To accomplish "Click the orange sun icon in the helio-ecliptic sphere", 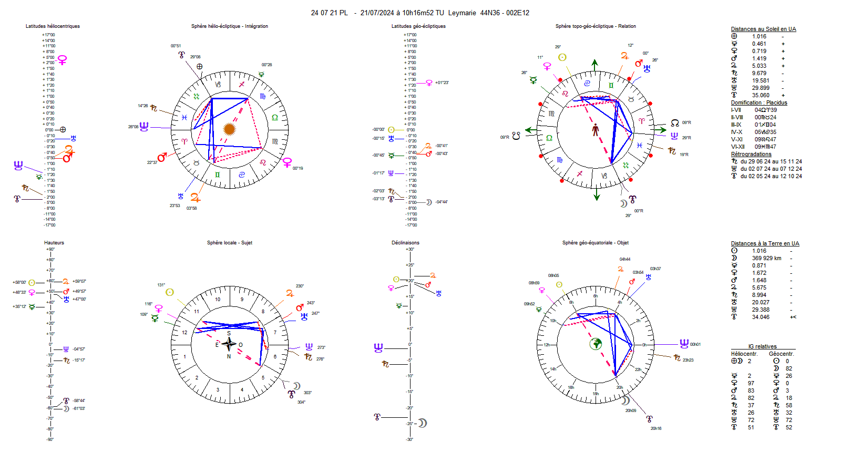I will pyautogui.click(x=229, y=129).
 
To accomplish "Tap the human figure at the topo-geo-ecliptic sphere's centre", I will pyautogui.click(x=596, y=130).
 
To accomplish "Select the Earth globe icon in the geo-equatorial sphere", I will pyautogui.click(x=596, y=344).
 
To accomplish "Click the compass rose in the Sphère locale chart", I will pyautogui.click(x=229, y=345).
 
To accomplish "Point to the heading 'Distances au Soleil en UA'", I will pyautogui.click(x=763, y=29).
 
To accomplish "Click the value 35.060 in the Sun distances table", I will pyautogui.click(x=761, y=96).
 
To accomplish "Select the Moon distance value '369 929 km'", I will pyautogui.click(x=766, y=258).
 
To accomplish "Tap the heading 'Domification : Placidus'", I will pyautogui.click(x=759, y=103).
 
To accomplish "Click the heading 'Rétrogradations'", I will pyautogui.click(x=751, y=155).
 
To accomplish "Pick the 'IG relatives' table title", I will pyautogui.click(x=762, y=347).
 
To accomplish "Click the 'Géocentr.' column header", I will pyautogui.click(x=781, y=354).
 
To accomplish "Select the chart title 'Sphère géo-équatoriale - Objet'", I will pyautogui.click(x=595, y=243).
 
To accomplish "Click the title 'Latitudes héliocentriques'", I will pyautogui.click(x=53, y=26).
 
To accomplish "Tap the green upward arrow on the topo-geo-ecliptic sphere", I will pyautogui.click(x=594, y=65).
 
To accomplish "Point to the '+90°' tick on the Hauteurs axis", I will pyautogui.click(x=50, y=250).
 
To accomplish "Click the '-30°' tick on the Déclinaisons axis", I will pyautogui.click(x=410, y=439).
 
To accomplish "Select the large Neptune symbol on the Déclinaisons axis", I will pyautogui.click(x=378, y=347).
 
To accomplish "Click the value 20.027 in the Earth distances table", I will pyautogui.click(x=761, y=303).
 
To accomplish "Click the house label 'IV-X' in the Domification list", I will pyautogui.click(x=736, y=132).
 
